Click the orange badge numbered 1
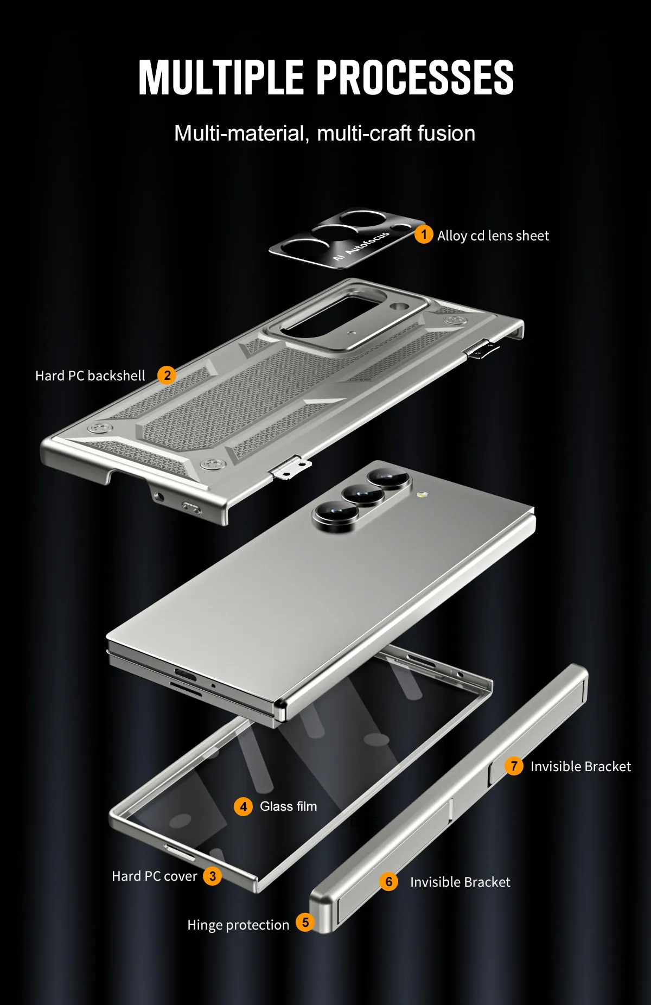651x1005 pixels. tap(424, 234)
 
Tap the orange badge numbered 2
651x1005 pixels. tap(167, 375)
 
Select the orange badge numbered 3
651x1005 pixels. tap(213, 876)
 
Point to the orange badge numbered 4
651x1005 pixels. tap(243, 806)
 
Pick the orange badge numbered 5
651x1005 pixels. tap(305, 922)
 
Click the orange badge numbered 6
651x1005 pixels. tap(388, 881)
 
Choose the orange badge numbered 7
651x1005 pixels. tap(514, 766)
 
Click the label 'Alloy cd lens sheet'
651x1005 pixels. tap(493, 236)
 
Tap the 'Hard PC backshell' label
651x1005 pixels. tap(90, 376)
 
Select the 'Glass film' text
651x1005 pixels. tap(288, 806)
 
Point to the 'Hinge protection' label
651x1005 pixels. tap(238, 925)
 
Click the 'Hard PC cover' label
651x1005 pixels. tap(155, 876)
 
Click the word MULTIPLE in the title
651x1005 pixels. tap(221, 78)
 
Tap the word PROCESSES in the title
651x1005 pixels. tap(415, 78)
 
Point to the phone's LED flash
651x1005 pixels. tap(422, 495)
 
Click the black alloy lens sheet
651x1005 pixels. tap(348, 238)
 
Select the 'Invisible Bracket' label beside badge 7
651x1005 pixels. tap(580, 766)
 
